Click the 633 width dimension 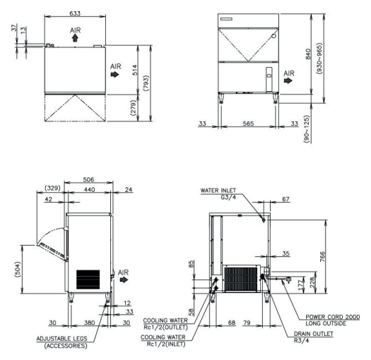(x=75, y=13)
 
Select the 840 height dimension (x=308, y=54)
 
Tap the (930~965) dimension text (x=319, y=59)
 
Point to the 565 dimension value (x=248, y=124)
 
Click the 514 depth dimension (x=134, y=70)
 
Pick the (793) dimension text (x=146, y=83)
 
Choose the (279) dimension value (x=134, y=108)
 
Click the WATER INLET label (x=218, y=191)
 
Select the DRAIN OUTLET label (x=313, y=334)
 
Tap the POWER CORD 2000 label (x=333, y=317)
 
